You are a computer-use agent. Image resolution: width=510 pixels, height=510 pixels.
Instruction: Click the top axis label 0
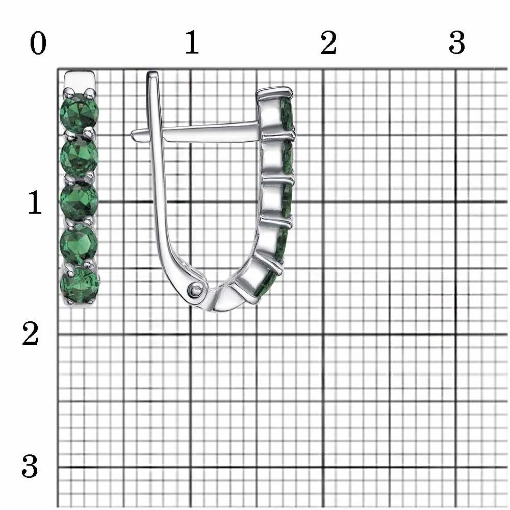(x=38, y=43)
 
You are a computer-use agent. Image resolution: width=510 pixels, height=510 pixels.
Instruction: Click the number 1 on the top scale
(x=192, y=42)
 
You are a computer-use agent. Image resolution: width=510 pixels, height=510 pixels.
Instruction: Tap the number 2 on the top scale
(x=328, y=43)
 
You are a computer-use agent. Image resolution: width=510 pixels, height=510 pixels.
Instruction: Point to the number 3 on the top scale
(x=457, y=43)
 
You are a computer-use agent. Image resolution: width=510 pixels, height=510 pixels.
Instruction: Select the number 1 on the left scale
(x=35, y=202)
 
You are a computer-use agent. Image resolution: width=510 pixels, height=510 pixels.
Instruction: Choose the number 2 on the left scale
(x=30, y=333)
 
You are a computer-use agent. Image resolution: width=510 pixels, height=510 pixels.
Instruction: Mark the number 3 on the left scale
(x=30, y=466)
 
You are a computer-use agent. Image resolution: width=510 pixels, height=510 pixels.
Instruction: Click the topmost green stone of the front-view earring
(x=79, y=113)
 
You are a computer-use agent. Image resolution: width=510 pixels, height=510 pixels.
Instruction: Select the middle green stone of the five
(x=79, y=200)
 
